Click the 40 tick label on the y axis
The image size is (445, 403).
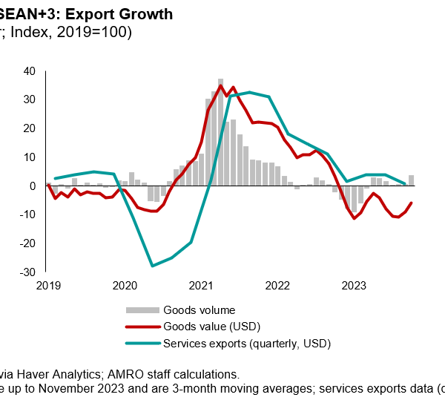30,71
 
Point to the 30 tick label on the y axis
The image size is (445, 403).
30,99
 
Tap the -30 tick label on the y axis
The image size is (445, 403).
27,272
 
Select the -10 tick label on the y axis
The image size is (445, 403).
27,214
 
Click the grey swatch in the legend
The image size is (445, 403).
142,309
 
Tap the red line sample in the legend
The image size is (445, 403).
142,327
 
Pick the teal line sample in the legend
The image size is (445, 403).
142,344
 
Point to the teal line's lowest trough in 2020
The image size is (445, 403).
152,266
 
